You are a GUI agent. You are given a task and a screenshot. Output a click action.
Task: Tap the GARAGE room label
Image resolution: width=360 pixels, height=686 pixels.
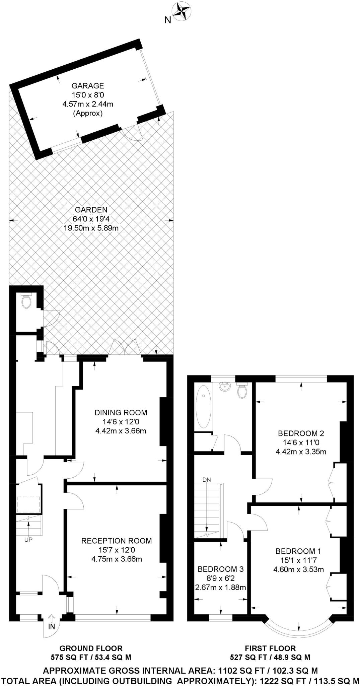(x=88, y=86)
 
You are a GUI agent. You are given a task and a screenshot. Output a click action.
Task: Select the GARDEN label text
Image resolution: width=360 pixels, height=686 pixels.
(x=91, y=210)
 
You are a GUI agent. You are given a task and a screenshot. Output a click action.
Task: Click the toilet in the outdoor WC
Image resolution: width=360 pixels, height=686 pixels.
(x=26, y=301)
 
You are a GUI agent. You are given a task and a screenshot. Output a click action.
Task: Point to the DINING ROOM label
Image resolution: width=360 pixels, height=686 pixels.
(x=121, y=413)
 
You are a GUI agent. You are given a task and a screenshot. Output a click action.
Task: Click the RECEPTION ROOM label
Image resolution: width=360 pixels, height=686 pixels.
(x=117, y=541)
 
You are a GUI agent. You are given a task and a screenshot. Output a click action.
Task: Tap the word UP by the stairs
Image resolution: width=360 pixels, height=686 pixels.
(x=28, y=540)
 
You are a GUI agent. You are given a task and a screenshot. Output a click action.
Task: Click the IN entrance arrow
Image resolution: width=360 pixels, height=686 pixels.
(x=51, y=617)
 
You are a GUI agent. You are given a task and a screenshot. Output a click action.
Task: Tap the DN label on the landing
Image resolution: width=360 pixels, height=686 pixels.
(x=207, y=480)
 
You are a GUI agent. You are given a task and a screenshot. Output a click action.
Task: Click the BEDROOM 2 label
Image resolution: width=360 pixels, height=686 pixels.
(x=301, y=433)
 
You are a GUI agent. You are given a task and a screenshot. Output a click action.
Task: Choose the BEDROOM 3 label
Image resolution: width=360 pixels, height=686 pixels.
(x=220, y=569)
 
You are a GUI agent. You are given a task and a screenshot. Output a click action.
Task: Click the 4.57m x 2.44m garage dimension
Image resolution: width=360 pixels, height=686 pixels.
(x=88, y=104)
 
